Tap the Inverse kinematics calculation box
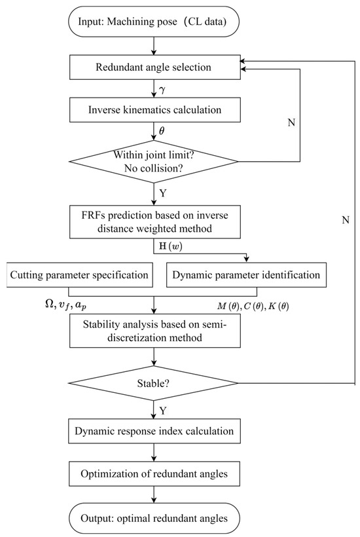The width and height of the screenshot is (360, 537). coord(153,113)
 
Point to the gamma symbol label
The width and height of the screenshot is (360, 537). coord(162,89)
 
